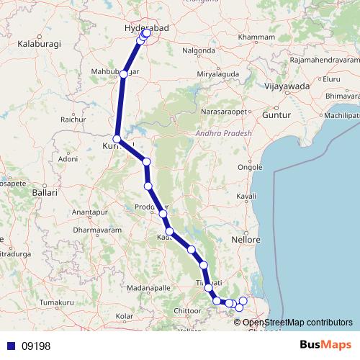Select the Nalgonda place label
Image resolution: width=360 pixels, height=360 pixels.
(x=198, y=52)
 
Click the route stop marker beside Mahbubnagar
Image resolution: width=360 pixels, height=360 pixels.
(x=125, y=74)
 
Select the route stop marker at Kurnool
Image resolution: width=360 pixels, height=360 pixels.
(x=117, y=139)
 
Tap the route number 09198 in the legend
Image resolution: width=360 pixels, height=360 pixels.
(x=35, y=346)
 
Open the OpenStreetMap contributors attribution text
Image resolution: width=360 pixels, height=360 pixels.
(x=297, y=323)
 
